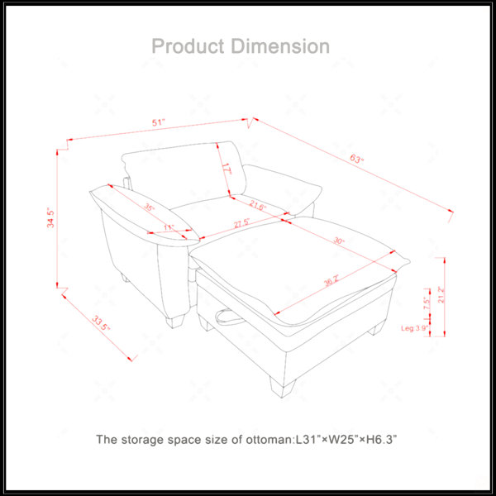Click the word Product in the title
(x=188, y=46)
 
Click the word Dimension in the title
(x=280, y=46)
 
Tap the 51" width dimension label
(x=159, y=122)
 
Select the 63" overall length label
(x=357, y=158)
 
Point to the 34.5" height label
(x=50, y=217)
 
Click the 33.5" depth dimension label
(x=101, y=323)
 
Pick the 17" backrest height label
(x=227, y=169)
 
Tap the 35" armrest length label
(x=149, y=207)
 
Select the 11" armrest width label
(x=169, y=227)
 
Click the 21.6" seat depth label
(x=258, y=205)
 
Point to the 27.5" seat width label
(x=242, y=224)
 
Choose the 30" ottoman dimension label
(x=339, y=241)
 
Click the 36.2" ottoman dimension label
(x=331, y=281)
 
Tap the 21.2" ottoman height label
(x=441, y=294)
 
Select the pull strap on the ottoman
(x=231, y=317)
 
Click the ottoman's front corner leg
(x=283, y=386)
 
